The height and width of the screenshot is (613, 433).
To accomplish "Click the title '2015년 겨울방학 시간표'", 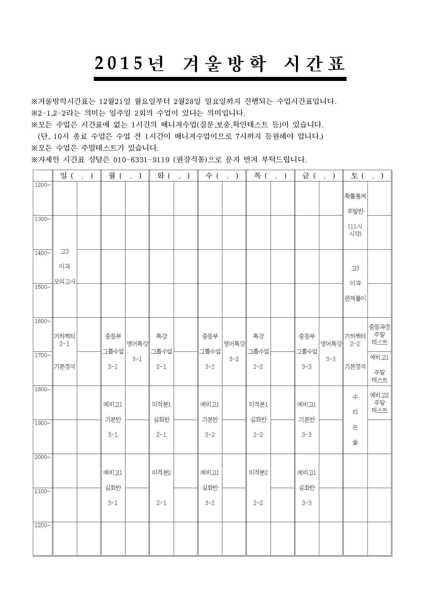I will point(220,63).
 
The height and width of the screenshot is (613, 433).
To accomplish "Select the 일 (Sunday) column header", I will point(76,176).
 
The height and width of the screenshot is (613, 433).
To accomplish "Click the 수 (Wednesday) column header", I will point(222,176).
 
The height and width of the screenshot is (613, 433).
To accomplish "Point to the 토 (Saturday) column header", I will point(367,176).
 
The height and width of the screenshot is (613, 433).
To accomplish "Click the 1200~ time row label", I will point(42,185).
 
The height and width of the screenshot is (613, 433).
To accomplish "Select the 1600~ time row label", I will point(42,321).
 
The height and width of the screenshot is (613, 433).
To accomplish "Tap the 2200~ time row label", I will point(42,525).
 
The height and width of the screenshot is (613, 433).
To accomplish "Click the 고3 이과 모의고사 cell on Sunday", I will point(65,266).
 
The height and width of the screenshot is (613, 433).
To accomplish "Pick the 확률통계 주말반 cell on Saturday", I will point(355,215).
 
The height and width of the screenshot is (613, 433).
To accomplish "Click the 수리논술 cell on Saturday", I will point(355,419).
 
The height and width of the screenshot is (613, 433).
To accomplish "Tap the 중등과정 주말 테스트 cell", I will point(379,335).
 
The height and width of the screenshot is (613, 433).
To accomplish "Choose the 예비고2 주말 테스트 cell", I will point(379,402).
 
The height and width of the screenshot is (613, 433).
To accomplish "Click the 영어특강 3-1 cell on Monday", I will point(137,351).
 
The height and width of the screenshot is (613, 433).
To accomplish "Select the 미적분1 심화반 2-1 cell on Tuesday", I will point(161,419).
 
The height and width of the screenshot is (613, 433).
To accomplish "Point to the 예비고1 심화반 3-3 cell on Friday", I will point(307,487).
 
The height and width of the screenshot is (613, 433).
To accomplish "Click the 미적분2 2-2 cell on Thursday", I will point(258,487).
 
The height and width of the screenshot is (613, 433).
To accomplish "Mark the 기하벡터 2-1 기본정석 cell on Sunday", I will point(65,351).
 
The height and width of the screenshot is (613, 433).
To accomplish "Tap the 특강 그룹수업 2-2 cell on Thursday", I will point(258,351).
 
